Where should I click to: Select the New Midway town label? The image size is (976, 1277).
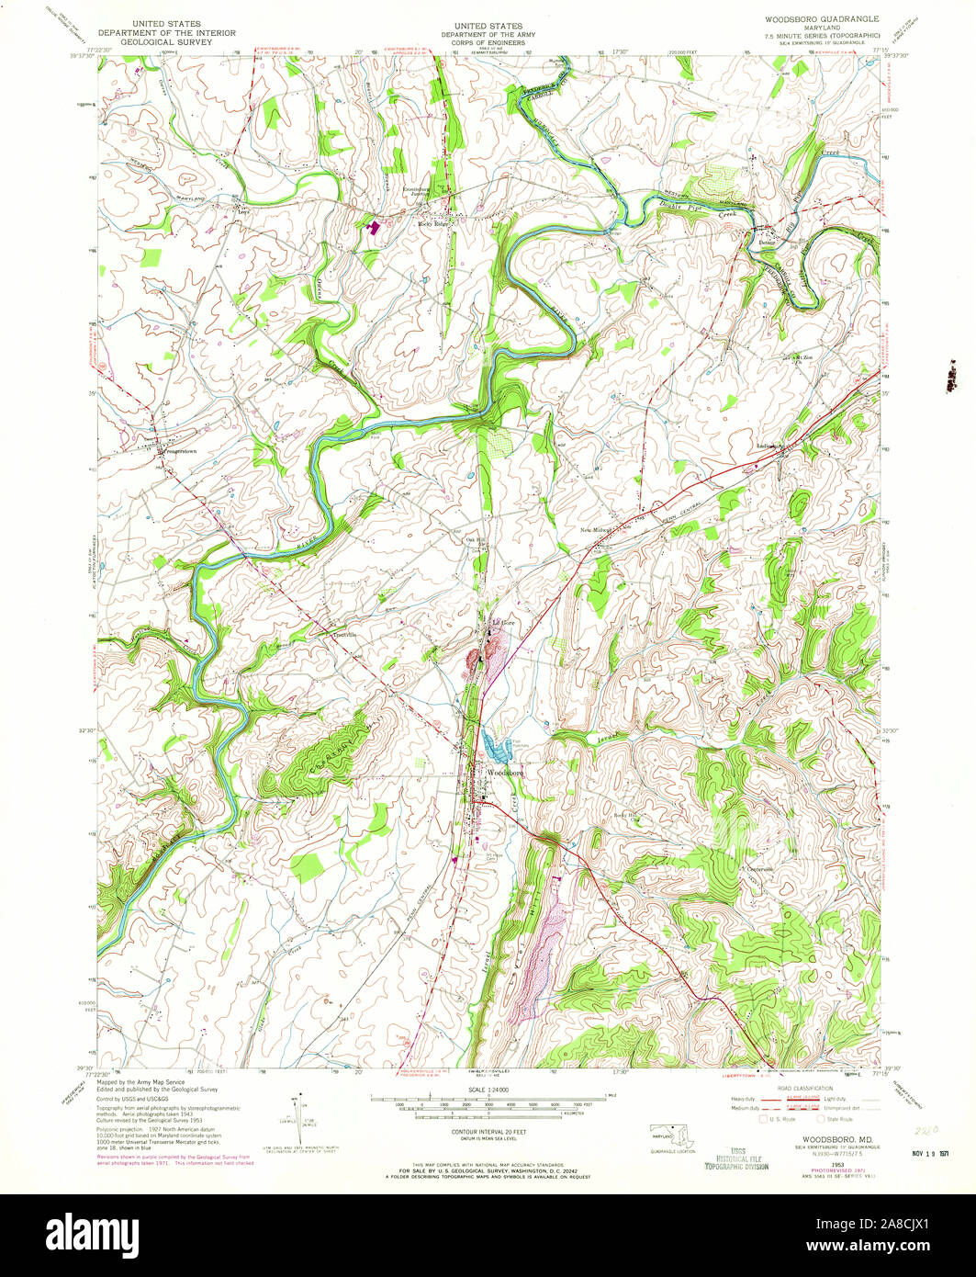[x=596, y=530]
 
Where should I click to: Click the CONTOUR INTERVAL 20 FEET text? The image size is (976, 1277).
[x=488, y=1129]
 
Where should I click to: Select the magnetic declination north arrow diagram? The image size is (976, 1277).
[x=297, y=1111]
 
